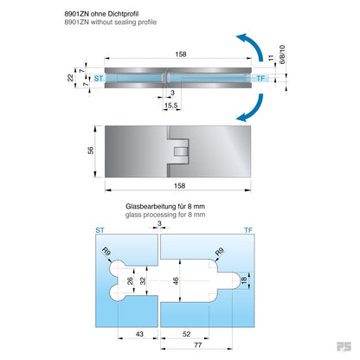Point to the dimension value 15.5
tap(171, 105)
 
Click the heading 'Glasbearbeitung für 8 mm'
tap(170, 207)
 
